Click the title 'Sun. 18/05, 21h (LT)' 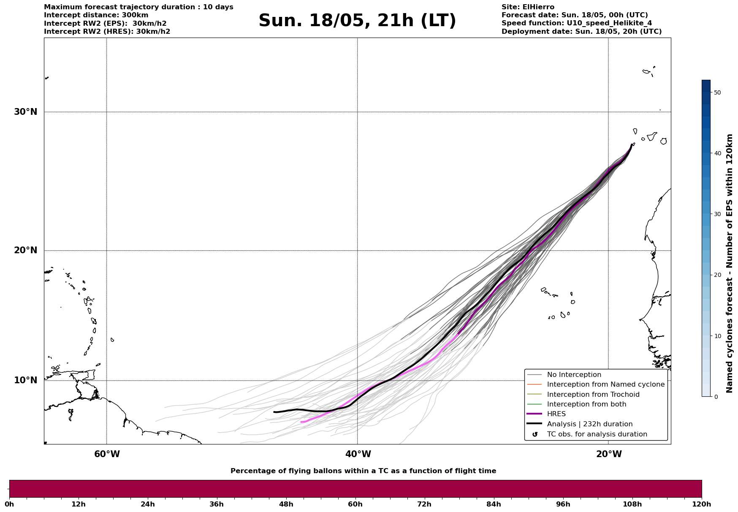pyautogui.click(x=357, y=21)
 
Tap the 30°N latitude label pyautogui.click(x=25, y=112)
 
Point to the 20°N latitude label pyautogui.click(x=25, y=250)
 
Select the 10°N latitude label pyautogui.click(x=25, y=380)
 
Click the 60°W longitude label pyautogui.click(x=107, y=454)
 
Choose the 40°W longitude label pyautogui.click(x=358, y=454)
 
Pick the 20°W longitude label pyautogui.click(x=608, y=454)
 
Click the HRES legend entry pyautogui.click(x=556, y=414)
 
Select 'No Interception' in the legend pyautogui.click(x=574, y=375)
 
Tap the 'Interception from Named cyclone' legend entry pyautogui.click(x=605, y=385)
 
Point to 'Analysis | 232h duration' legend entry pyautogui.click(x=589, y=424)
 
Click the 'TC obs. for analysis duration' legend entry pyautogui.click(x=597, y=434)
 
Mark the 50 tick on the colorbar pyautogui.click(x=717, y=92)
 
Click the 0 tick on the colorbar pyautogui.click(x=715, y=396)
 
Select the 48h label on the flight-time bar pyautogui.click(x=286, y=504)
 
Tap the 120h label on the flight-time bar pyautogui.click(x=701, y=504)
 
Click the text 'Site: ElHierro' pyautogui.click(x=528, y=7)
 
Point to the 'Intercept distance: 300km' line pyautogui.click(x=96, y=15)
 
